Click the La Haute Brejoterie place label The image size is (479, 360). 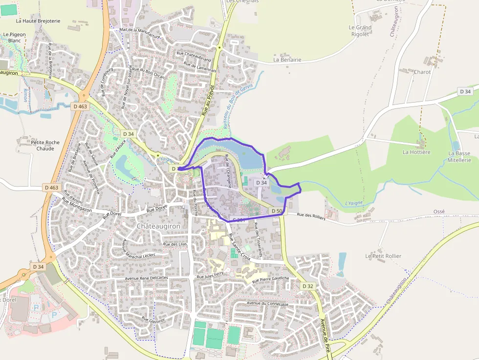[x=38, y=21]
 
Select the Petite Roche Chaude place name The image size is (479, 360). [x=45, y=146]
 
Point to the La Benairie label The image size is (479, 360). [x=287, y=60]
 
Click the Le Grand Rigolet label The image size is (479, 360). [x=360, y=31]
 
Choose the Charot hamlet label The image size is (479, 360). [x=422, y=72]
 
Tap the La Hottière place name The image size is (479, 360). [x=416, y=152]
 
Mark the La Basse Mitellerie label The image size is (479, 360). [x=459, y=156]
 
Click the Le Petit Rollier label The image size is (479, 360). [x=383, y=256]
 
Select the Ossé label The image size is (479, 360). [x=439, y=212]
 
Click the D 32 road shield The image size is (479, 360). [x=307, y=286]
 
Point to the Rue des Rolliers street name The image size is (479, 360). [x=311, y=216]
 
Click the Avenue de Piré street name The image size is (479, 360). [x=324, y=336]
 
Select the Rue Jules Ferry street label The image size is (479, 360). [x=210, y=276]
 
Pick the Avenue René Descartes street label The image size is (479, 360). [x=147, y=277]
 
